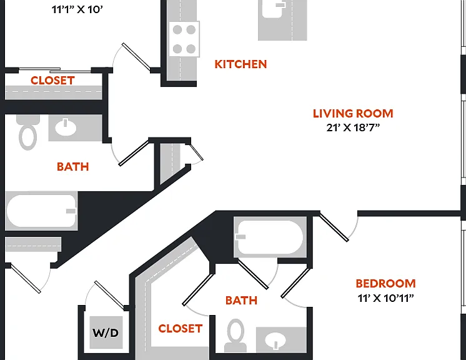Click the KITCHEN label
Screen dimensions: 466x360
pyautogui.click(x=240, y=64)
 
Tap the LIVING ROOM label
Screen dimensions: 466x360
pyautogui.click(x=353, y=114)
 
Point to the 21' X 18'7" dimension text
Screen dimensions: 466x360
pyautogui.click(x=353, y=127)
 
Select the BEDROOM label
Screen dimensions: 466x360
pyautogui.click(x=386, y=284)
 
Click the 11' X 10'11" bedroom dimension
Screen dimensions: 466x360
pyautogui.click(x=386, y=298)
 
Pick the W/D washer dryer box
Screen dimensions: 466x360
pyautogui.click(x=106, y=332)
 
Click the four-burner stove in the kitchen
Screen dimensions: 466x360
pyautogui.click(x=184, y=39)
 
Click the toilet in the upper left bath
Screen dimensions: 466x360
pyautogui.click(x=28, y=132)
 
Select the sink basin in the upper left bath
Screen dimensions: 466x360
pyautogui.click(x=66, y=127)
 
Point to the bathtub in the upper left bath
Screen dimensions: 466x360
pyautogui.click(x=42, y=211)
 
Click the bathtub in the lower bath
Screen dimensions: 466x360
pyautogui.click(x=270, y=237)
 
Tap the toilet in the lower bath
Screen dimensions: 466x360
pyautogui.click(x=235, y=336)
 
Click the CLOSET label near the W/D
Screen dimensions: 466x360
pyautogui.click(x=181, y=329)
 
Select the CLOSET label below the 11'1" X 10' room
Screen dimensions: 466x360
pyautogui.click(x=52, y=80)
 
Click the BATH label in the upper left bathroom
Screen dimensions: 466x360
pyautogui.click(x=73, y=167)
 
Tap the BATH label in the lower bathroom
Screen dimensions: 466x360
pyautogui.click(x=241, y=301)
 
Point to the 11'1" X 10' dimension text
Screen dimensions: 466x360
pyautogui.click(x=77, y=9)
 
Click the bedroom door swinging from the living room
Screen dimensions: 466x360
pyautogui.click(x=334, y=226)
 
